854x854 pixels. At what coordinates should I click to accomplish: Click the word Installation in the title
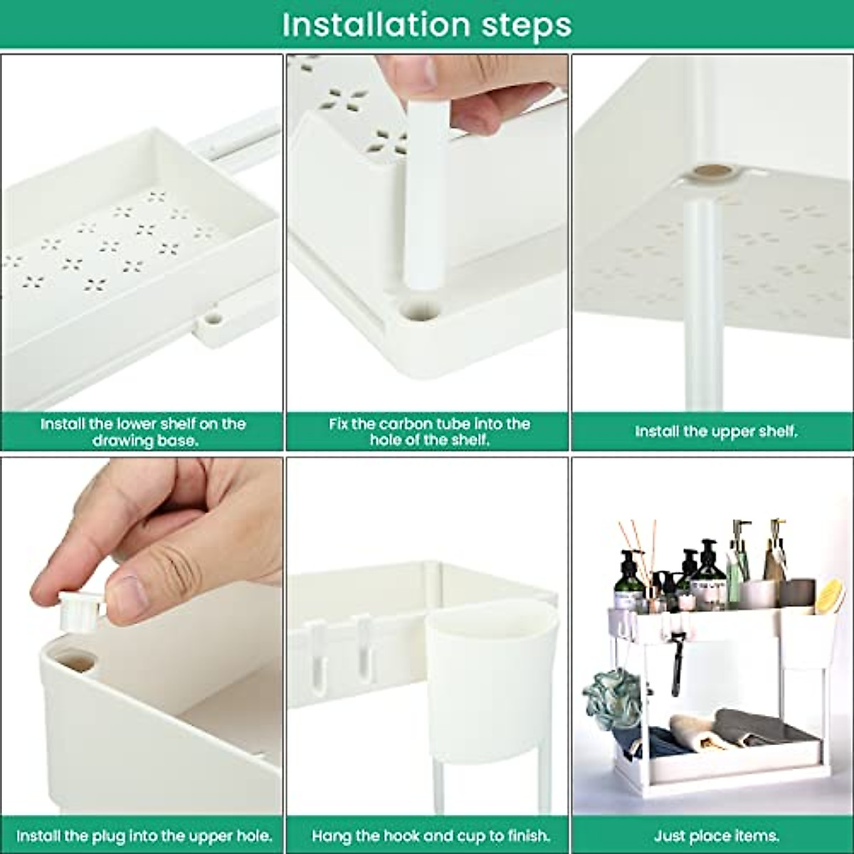point(376,24)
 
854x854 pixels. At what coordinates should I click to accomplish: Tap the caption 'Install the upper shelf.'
point(716,431)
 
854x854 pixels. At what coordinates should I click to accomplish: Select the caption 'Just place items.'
point(716,835)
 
